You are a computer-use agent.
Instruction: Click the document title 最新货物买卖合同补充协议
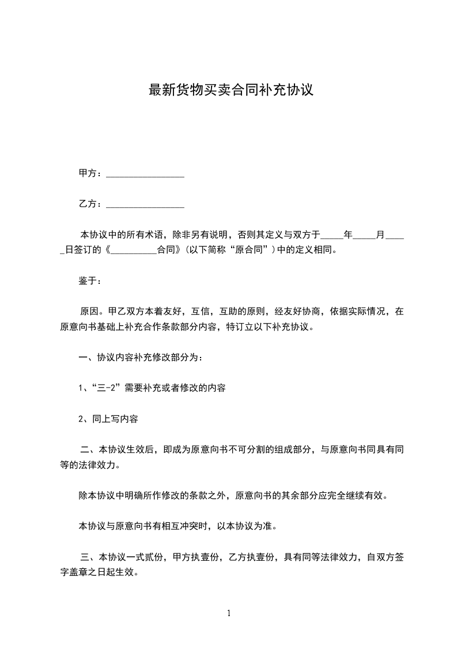(x=231, y=90)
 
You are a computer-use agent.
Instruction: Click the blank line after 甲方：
(x=145, y=174)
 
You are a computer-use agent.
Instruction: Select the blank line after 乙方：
(x=145, y=204)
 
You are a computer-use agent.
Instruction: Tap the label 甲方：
(x=90, y=173)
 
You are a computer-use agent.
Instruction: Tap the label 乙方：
(x=90, y=204)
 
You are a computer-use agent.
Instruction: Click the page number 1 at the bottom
(x=229, y=613)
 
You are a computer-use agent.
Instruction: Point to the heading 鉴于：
(x=90, y=281)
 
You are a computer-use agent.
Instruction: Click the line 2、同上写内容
(x=108, y=419)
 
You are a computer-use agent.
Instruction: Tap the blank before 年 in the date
(x=331, y=235)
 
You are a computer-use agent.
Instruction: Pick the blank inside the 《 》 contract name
(x=133, y=251)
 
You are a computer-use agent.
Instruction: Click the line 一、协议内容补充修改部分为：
(x=140, y=358)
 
